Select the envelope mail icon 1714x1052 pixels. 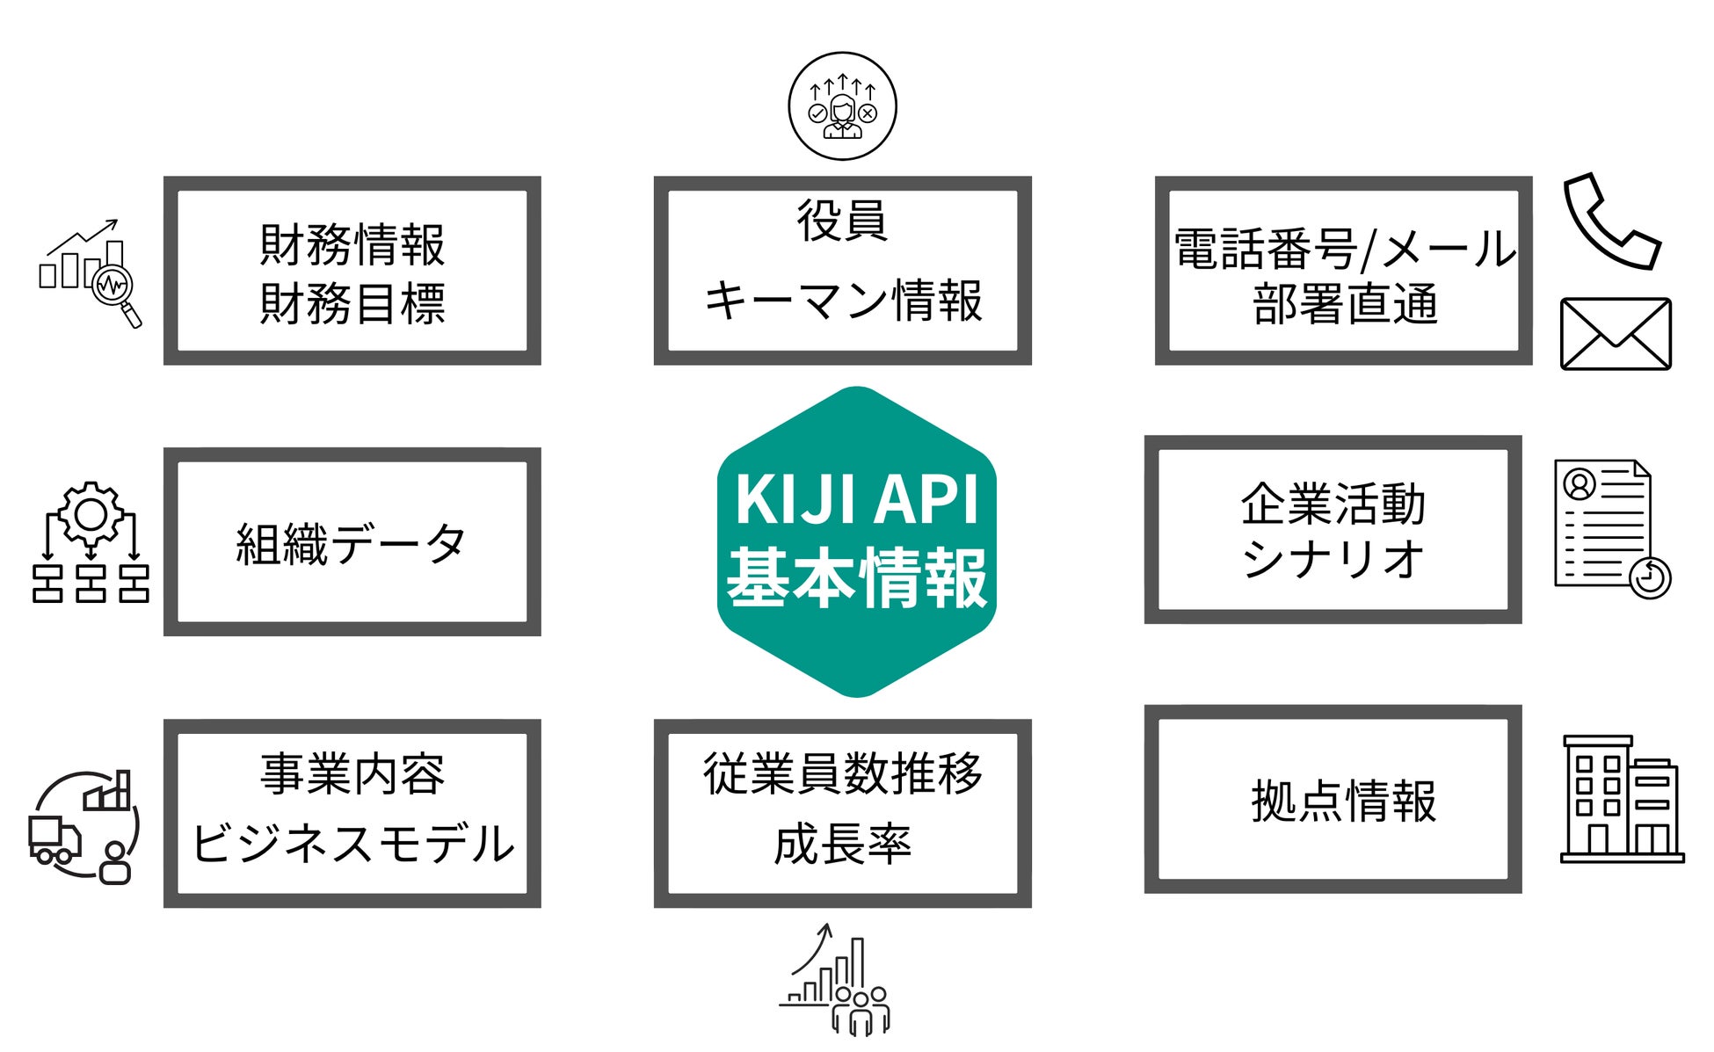click(x=1616, y=334)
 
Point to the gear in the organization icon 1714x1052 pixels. click(x=91, y=513)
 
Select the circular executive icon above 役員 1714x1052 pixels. click(x=842, y=106)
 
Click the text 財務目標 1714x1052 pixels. click(x=352, y=304)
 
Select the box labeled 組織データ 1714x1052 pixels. click(x=352, y=542)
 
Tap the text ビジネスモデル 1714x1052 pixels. click(x=352, y=843)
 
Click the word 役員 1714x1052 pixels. click(x=842, y=220)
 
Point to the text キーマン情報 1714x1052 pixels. click(x=842, y=301)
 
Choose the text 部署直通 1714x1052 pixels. click(x=1345, y=304)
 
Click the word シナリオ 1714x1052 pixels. click(x=1333, y=557)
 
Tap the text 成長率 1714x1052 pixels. click(x=842, y=844)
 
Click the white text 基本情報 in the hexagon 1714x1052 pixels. click(x=856, y=577)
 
